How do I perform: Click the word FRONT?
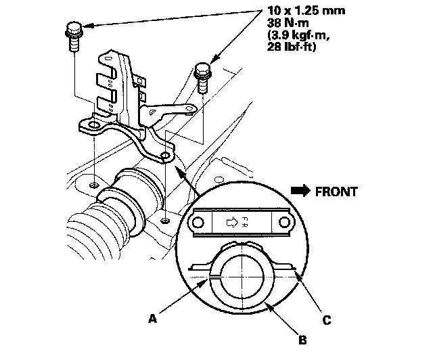pyautogui.click(x=336, y=192)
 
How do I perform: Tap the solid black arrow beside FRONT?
pyautogui.click(x=300, y=192)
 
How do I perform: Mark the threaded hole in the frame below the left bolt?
pyautogui.click(x=94, y=184)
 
